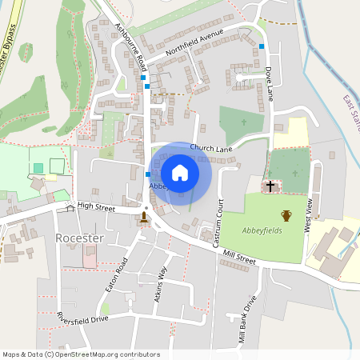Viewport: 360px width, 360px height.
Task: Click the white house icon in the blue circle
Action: (x=180, y=172)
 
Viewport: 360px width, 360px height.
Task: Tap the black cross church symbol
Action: (x=270, y=186)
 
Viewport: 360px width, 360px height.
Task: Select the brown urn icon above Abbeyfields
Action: (x=286, y=215)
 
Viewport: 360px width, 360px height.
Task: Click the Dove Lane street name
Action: (x=270, y=82)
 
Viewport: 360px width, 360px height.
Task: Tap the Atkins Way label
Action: (x=161, y=283)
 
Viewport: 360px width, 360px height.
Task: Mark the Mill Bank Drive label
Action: (x=246, y=319)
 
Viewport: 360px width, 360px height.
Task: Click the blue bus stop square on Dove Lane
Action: (x=262, y=46)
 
